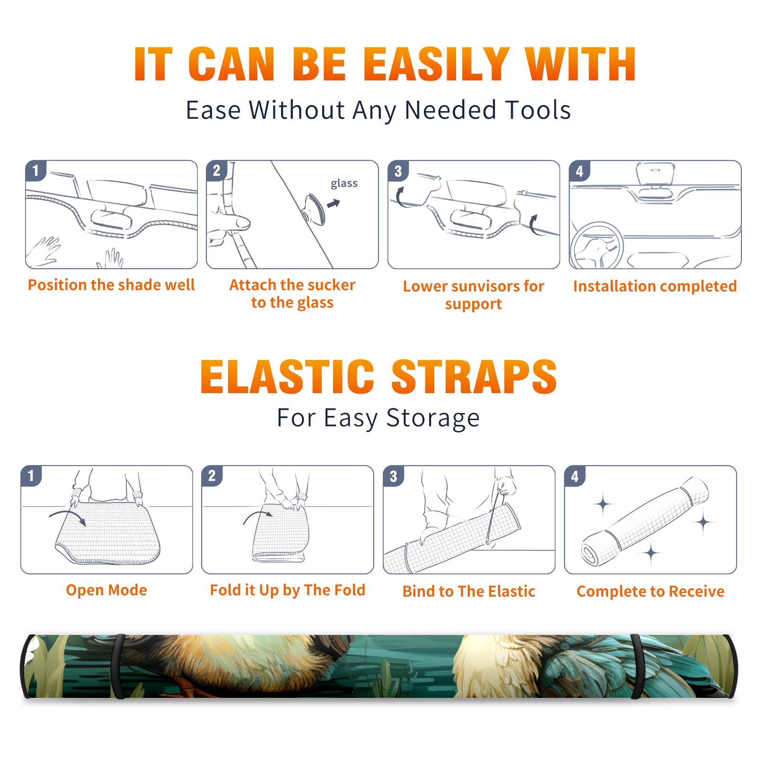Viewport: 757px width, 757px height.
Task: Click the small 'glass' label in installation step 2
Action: tap(344, 184)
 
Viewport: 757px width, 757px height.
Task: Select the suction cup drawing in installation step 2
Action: tap(315, 209)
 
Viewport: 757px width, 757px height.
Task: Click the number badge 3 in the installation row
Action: tap(398, 171)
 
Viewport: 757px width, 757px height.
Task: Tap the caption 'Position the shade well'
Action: tap(111, 285)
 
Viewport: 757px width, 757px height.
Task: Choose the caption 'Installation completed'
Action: tap(655, 286)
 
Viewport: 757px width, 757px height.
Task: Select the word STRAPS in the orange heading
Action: tap(474, 377)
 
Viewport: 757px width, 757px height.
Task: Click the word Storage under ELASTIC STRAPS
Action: tap(433, 418)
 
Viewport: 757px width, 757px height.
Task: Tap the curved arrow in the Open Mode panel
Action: tap(67, 517)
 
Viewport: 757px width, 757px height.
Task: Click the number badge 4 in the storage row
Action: tap(575, 476)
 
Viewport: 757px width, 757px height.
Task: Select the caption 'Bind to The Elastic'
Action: tap(468, 591)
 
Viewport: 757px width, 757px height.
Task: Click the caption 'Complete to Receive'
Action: tap(651, 591)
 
